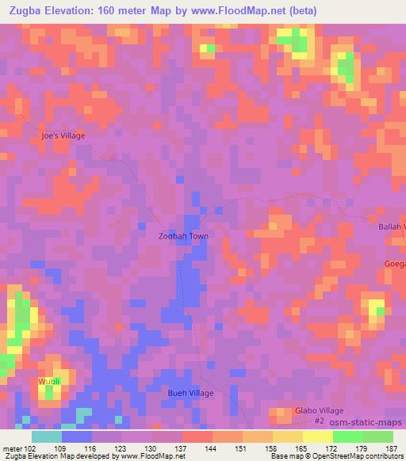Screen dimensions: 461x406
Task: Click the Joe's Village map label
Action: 63,135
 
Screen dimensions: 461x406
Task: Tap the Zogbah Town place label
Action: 183,236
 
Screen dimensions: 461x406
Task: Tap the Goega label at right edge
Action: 396,264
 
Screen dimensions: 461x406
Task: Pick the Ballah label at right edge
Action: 392,227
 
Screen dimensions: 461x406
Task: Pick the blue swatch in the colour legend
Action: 77,436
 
